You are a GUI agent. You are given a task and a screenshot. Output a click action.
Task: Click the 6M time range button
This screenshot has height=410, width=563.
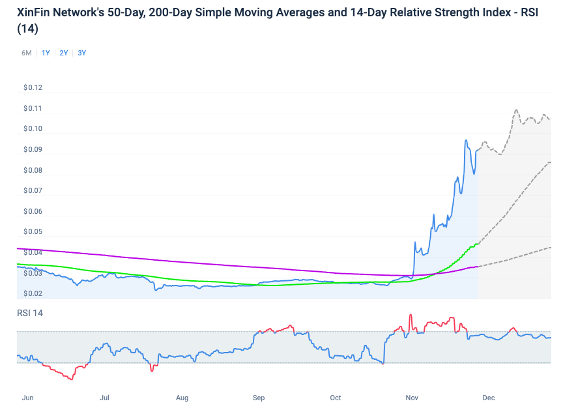[27, 53]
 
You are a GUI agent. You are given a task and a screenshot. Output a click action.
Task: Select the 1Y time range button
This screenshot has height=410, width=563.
[46, 53]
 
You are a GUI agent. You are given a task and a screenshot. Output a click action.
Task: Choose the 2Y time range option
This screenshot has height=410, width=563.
[64, 53]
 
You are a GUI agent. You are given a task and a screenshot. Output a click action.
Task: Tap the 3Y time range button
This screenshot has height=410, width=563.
[81, 53]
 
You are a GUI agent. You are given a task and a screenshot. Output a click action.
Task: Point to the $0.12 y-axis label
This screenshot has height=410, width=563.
[33, 88]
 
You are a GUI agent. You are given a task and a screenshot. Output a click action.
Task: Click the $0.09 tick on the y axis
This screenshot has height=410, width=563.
[33, 150]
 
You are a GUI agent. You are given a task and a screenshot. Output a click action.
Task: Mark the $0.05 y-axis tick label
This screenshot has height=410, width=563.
[33, 232]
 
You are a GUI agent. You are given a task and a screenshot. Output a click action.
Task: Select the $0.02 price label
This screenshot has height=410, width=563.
[33, 294]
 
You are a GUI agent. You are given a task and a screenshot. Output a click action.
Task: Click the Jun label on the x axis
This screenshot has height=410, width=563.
[27, 397]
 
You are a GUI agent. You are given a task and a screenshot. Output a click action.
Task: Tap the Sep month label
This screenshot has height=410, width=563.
[259, 397]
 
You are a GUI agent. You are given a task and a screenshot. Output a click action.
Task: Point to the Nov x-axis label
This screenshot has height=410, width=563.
[412, 397]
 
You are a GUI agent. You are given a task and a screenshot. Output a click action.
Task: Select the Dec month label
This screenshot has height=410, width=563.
[489, 397]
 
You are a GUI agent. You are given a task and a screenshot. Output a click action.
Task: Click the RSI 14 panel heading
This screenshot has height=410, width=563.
[30, 314]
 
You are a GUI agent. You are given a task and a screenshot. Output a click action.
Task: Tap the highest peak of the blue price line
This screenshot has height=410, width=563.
[466, 140]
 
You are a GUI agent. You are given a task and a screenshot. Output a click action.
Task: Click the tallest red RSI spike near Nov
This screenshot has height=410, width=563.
[411, 315]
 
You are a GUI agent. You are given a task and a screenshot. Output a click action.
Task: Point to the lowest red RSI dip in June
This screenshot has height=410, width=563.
[70, 379]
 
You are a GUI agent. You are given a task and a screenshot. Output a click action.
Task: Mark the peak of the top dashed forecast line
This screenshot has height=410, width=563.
[516, 110]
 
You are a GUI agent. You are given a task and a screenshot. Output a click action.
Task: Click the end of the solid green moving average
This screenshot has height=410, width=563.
[478, 243]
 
